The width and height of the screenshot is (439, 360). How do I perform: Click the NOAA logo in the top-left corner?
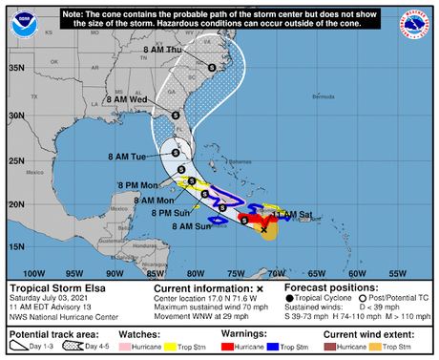pos(20,19)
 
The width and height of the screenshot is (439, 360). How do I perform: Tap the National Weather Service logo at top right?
pos(417,20)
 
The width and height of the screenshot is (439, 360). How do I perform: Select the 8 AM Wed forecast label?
pos(127,98)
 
